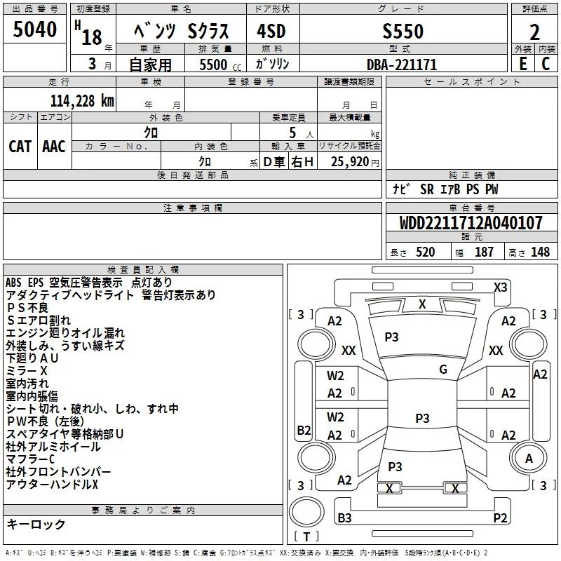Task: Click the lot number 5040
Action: (34, 29)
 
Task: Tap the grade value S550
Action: (403, 31)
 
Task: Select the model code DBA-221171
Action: (402, 65)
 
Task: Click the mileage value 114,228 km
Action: (82, 101)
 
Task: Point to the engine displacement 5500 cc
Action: (220, 65)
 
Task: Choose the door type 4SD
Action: (271, 31)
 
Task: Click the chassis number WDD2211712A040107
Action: (471, 223)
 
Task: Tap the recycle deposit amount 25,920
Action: (349, 162)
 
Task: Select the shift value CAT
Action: (20, 147)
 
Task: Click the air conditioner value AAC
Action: (54, 147)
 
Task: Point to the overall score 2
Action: (534, 32)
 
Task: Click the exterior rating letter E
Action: (523, 64)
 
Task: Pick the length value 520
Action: (426, 252)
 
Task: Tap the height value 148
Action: (540, 252)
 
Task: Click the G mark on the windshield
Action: (443, 369)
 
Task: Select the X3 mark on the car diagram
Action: (500, 288)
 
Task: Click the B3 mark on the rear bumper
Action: (344, 518)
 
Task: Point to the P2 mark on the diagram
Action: (500, 518)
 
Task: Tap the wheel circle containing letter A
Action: (529, 458)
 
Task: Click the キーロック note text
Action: (36, 524)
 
